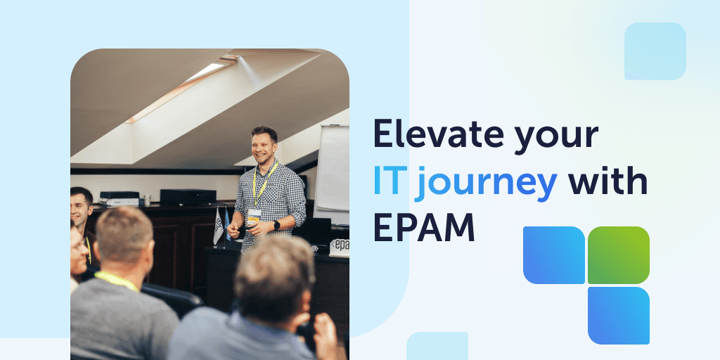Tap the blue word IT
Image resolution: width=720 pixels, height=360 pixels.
click(x=388, y=183)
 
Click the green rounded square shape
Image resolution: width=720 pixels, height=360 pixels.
click(x=619, y=255)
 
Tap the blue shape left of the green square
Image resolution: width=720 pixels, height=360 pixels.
click(x=554, y=255)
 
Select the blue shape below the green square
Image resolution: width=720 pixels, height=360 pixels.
click(x=619, y=315)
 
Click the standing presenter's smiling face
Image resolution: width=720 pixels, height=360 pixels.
click(x=264, y=146)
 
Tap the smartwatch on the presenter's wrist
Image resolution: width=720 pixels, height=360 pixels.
click(x=276, y=226)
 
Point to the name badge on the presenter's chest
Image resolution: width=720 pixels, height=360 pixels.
click(x=254, y=215)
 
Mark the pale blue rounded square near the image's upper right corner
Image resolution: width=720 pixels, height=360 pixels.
click(x=655, y=51)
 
